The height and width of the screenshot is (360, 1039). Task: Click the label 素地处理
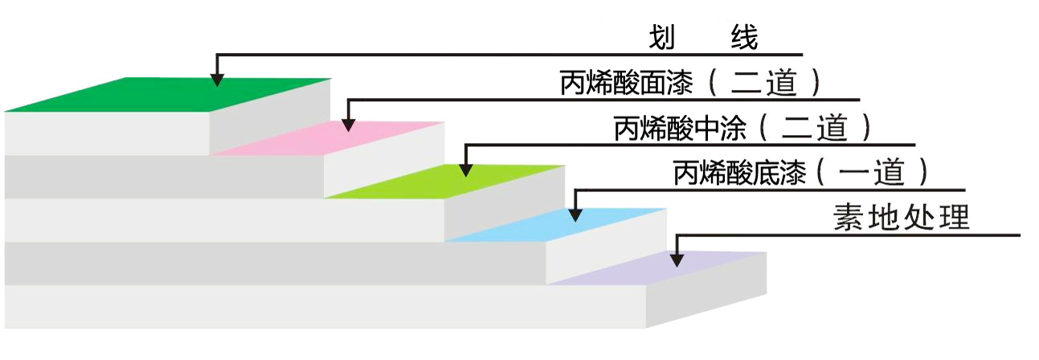click(901, 217)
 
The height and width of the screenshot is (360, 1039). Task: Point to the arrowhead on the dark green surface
click(217, 78)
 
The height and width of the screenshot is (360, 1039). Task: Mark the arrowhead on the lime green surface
click(465, 168)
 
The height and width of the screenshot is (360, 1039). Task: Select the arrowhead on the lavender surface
click(677, 258)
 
